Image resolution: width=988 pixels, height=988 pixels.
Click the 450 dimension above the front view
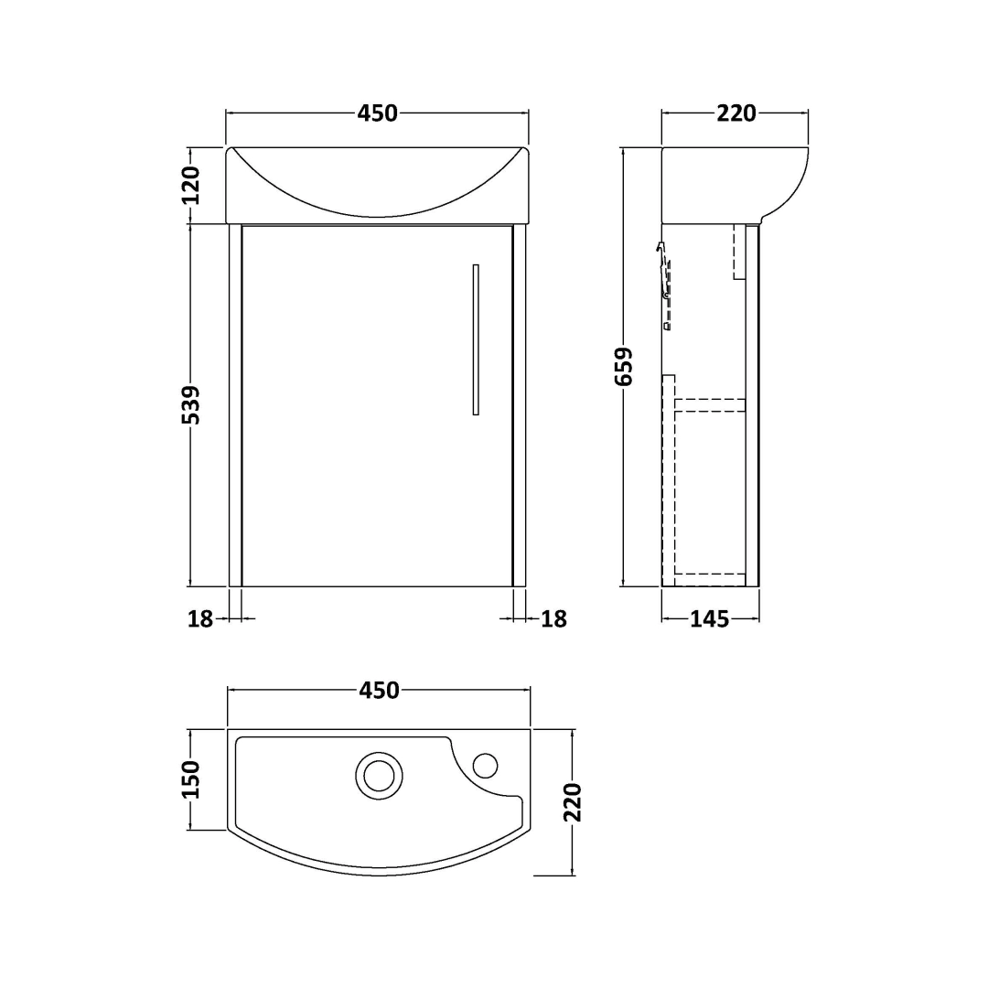pos(378,113)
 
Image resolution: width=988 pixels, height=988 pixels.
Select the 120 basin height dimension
pos(190,185)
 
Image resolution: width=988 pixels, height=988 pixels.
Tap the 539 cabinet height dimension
pos(190,404)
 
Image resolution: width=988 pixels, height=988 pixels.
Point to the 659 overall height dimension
pos(624,366)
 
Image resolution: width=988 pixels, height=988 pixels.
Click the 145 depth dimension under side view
pos(710,619)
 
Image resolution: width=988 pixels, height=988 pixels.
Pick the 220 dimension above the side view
pos(736,113)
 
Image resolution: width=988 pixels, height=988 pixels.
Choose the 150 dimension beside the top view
pos(190,779)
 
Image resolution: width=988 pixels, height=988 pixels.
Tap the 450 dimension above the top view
pos(380,691)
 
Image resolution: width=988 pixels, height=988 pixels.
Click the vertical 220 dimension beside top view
pos(572,802)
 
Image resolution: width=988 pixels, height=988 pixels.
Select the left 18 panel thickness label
pos(200,619)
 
